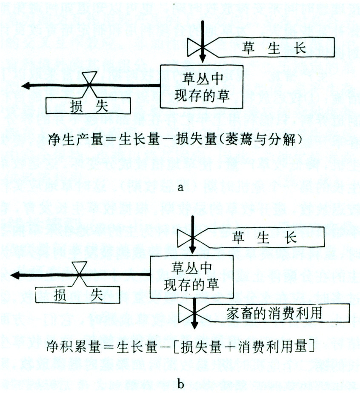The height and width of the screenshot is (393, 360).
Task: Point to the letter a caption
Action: click(181, 188)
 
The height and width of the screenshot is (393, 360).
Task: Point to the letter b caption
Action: click(181, 384)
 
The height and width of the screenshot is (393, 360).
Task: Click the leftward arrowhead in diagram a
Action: click(27, 86)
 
